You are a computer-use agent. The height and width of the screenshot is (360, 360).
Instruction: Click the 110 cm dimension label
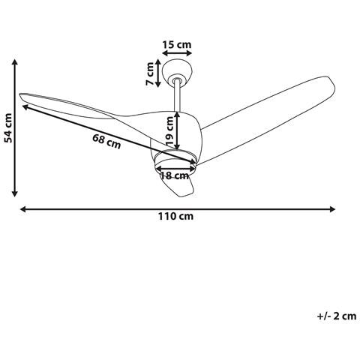[x=177, y=217]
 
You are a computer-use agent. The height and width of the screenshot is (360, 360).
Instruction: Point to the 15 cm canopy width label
[x=177, y=45]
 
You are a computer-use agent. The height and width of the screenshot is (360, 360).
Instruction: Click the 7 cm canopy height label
[x=150, y=74]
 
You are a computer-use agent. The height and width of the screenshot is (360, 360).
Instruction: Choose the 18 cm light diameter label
[x=175, y=175]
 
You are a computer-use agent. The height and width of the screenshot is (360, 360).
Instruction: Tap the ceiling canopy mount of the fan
[x=178, y=75]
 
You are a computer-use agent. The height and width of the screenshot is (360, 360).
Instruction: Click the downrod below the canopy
[x=177, y=97]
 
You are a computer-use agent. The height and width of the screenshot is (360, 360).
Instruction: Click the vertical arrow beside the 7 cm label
[x=160, y=74]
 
